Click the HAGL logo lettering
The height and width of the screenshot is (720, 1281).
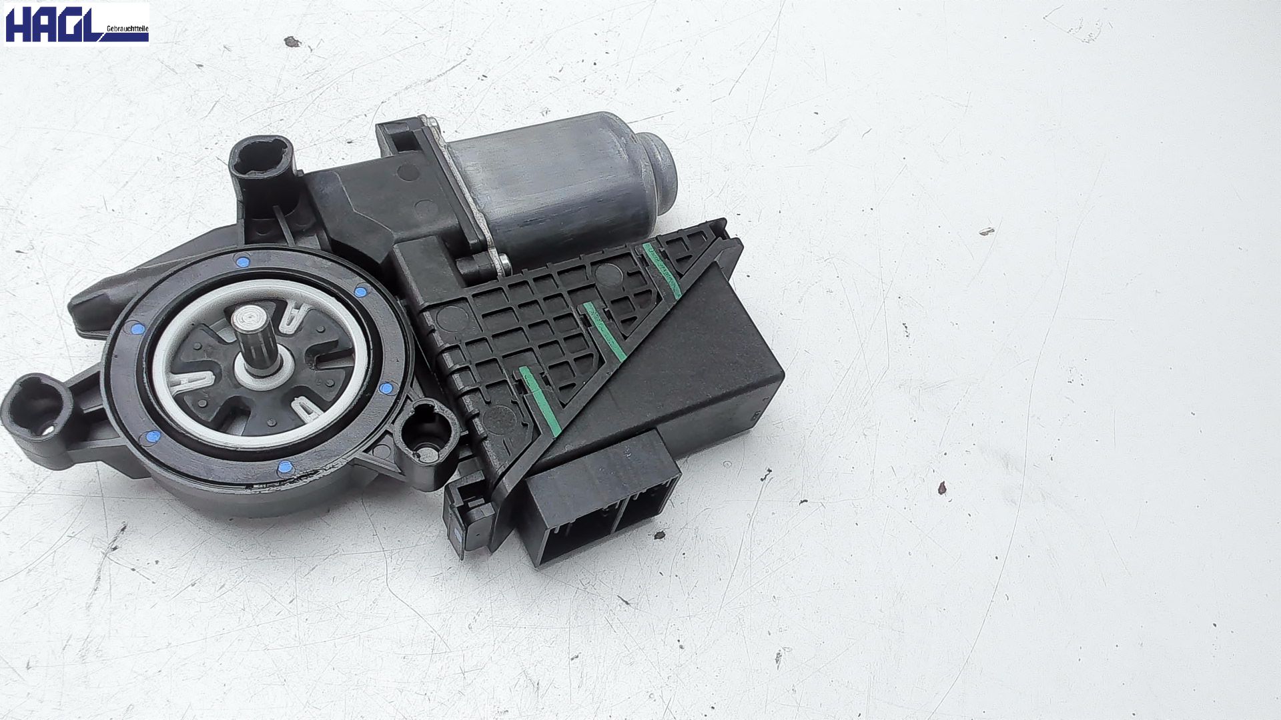click(54, 24)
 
